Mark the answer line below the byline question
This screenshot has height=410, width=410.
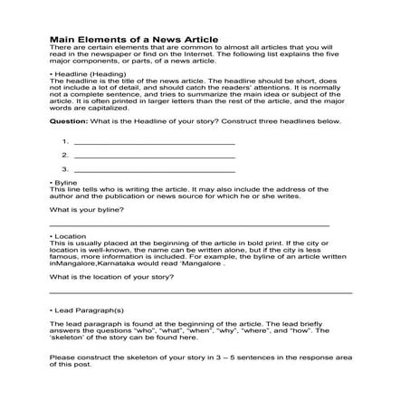187,224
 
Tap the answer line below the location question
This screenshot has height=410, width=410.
199,291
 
